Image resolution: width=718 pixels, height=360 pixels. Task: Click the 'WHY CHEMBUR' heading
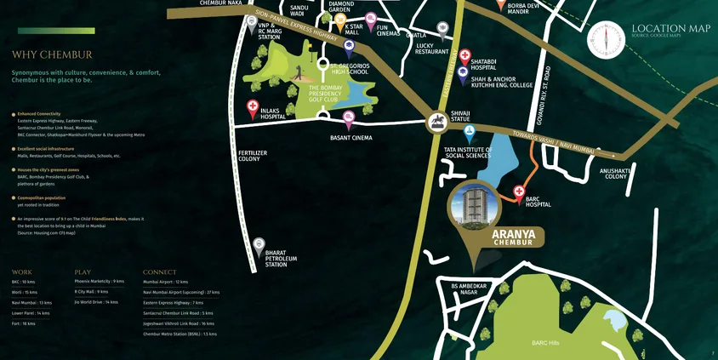pyautogui.click(x=52, y=55)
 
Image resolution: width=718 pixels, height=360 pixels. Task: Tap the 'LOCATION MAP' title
pyautogui.click(x=670, y=28)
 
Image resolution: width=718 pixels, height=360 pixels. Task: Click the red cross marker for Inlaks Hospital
pyautogui.click(x=253, y=107)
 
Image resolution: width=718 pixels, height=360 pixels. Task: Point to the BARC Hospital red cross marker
pyautogui.click(x=519, y=191)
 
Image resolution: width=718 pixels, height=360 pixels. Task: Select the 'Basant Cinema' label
pyautogui.click(x=350, y=137)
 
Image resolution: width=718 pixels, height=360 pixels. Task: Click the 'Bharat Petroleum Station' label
pyautogui.click(x=281, y=258)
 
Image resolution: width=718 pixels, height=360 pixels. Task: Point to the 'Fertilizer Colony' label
pyautogui.click(x=254, y=156)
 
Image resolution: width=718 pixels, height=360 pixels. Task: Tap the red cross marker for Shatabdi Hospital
pyautogui.click(x=464, y=56)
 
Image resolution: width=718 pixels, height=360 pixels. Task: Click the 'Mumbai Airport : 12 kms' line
pyautogui.click(x=165, y=281)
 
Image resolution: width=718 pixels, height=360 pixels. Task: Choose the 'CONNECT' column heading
pyautogui.click(x=160, y=271)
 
